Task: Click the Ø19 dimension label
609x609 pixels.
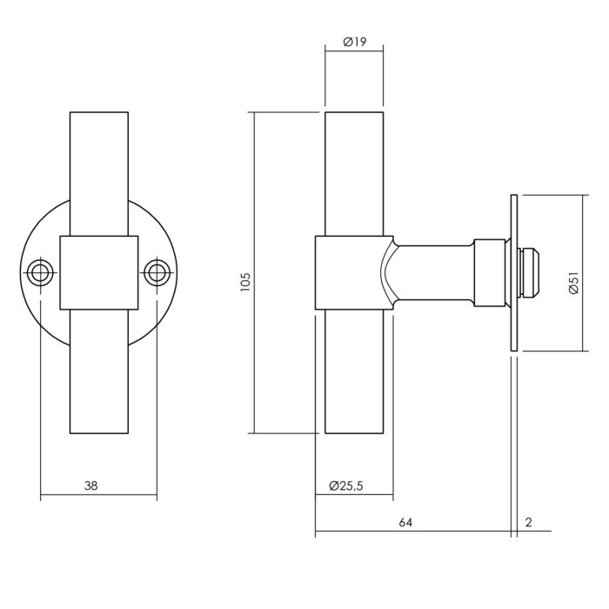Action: click(355, 42)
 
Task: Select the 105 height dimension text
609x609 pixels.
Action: click(245, 282)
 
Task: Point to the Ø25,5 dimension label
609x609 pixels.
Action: click(345, 485)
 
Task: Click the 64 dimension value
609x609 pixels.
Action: click(405, 522)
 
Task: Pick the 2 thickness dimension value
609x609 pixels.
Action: click(528, 522)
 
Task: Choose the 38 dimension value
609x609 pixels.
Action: click(91, 485)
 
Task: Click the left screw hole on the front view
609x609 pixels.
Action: click(40, 272)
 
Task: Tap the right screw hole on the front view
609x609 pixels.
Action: click(157, 272)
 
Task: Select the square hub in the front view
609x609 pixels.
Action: click(99, 272)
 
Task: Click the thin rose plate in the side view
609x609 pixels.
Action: click(514, 272)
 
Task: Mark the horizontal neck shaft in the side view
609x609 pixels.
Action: click(433, 272)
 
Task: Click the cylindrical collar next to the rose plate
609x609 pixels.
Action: click(490, 272)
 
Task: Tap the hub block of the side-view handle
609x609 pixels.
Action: click(353, 272)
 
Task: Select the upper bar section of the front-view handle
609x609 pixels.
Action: click(99, 174)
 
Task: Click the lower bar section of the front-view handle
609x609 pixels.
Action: click(99, 371)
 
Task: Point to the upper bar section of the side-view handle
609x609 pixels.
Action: click(354, 174)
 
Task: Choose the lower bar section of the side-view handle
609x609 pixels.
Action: click(354, 371)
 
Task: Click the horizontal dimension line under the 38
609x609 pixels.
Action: click(99, 495)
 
